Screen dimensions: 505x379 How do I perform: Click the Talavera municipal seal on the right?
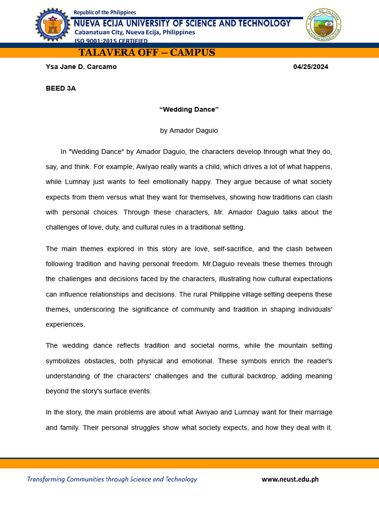coord(324,25)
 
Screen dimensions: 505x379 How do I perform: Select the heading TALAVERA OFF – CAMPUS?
coord(147,53)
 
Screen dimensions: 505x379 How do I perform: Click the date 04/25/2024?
coord(310,67)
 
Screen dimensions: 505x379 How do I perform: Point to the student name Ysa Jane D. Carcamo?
coord(81,67)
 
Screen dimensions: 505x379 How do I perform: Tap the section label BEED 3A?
coord(61,88)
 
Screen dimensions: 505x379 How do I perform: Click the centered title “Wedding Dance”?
coord(189,109)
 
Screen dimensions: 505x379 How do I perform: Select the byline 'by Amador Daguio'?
coord(189,131)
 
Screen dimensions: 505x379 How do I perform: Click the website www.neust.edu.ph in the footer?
coord(290,479)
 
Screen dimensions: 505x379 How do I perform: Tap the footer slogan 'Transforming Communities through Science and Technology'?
coord(112,479)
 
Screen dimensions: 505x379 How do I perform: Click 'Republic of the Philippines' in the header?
coord(105,12)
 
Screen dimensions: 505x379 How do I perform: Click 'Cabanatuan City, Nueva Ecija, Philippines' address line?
coord(135,33)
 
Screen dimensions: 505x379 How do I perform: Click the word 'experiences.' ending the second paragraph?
coord(66,325)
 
